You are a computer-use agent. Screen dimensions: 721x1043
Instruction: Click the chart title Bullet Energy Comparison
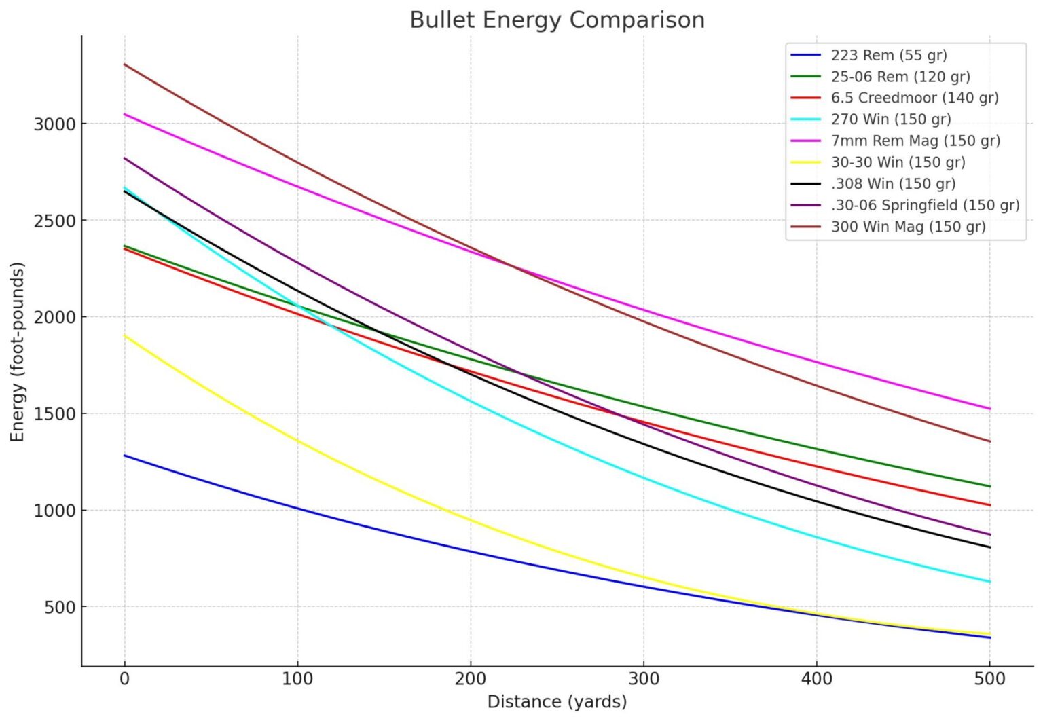(557, 20)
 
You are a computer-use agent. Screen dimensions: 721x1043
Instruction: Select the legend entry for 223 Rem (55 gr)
(888, 55)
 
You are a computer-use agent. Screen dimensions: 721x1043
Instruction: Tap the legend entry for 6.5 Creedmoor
(914, 98)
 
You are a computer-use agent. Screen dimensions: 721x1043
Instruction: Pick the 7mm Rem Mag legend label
(915, 141)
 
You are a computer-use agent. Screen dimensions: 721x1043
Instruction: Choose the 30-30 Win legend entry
(898, 162)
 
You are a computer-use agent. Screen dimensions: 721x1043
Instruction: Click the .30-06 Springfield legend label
(925, 205)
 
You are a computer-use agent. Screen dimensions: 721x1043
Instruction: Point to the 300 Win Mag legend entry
(908, 227)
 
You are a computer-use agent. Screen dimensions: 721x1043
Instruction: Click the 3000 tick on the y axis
(54, 124)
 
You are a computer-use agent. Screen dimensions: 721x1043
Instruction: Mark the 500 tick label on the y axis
(60, 608)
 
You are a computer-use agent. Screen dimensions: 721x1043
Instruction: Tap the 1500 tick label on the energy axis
(54, 414)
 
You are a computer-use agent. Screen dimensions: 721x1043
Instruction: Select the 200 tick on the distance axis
(471, 678)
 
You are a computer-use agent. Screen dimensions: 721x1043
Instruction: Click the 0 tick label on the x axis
(124, 678)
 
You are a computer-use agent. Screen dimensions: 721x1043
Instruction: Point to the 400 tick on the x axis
(816, 678)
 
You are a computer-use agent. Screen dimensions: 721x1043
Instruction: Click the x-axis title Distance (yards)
(557, 702)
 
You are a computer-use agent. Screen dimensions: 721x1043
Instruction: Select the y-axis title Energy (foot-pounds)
(18, 352)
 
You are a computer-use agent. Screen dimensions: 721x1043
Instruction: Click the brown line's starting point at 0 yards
(125, 64)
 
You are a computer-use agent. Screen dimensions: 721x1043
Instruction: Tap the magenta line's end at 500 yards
(989, 409)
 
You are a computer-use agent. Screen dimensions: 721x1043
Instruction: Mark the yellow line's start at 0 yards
(125, 335)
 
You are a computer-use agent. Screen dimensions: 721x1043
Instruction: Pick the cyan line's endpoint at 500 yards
(989, 582)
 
